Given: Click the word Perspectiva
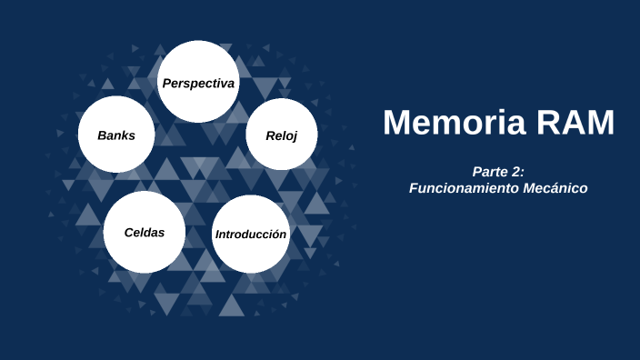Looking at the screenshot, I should tap(198, 84).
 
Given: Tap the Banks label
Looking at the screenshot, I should tap(116, 135).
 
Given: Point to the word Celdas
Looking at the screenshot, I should tap(145, 232).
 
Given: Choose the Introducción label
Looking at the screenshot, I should tap(251, 235).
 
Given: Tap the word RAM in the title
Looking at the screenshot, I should tap(578, 122).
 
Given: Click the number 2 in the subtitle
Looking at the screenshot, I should tap(518, 172).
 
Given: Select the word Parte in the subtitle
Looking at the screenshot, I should tap(491, 172).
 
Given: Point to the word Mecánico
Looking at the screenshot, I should tap(555, 188).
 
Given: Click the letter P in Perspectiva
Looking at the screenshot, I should tap(166, 84).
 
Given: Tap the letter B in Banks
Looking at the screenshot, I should tap(102, 135).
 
